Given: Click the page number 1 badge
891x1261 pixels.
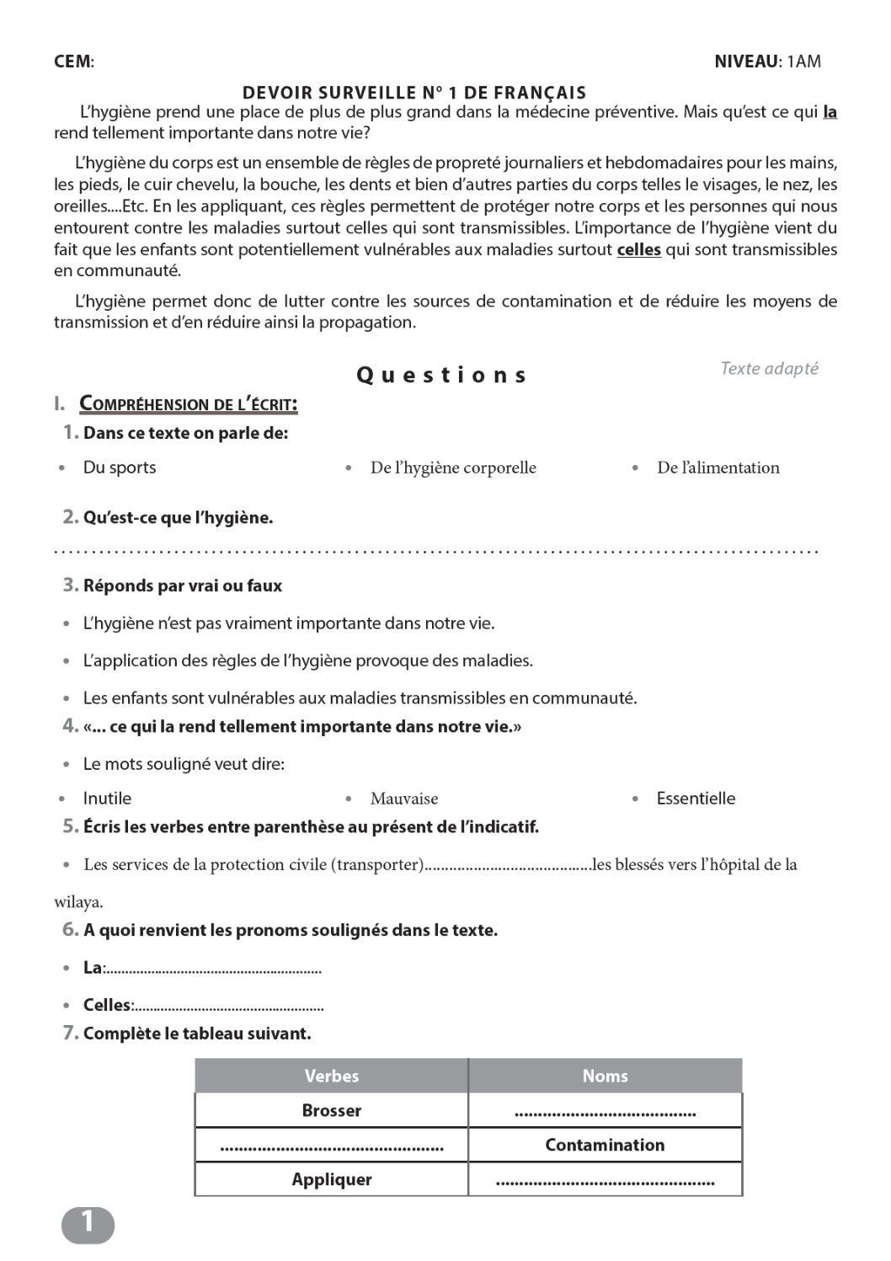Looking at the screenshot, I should pyautogui.click(x=88, y=1224).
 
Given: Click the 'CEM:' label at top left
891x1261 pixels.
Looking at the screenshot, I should pyautogui.click(x=74, y=61).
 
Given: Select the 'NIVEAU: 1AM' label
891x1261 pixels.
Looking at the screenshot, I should pyautogui.click(x=767, y=61).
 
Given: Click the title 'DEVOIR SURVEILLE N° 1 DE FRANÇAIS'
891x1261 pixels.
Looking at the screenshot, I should pyautogui.click(x=414, y=93).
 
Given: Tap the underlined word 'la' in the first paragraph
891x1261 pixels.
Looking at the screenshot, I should pyautogui.click(x=830, y=112).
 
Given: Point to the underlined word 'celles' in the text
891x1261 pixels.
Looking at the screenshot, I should pyautogui.click(x=639, y=249).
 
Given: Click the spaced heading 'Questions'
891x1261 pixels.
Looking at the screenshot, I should pyautogui.click(x=442, y=375).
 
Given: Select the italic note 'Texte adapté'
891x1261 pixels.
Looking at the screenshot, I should pyautogui.click(x=769, y=368).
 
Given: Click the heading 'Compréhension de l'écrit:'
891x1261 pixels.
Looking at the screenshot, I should pyautogui.click(x=189, y=404).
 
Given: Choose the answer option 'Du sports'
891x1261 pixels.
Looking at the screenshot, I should pyautogui.click(x=120, y=468).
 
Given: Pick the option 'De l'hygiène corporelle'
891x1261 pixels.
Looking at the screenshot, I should pyautogui.click(x=453, y=468).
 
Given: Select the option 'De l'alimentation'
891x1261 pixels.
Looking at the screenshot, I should pyautogui.click(x=718, y=468).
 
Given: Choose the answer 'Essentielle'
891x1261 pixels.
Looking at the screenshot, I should pyautogui.click(x=696, y=799).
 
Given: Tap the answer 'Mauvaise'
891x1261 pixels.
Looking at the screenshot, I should pyautogui.click(x=404, y=799).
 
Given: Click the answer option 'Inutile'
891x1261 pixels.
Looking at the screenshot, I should pyautogui.click(x=107, y=799).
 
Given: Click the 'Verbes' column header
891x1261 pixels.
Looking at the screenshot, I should pyautogui.click(x=332, y=1076).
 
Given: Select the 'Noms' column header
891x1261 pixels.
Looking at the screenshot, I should pyautogui.click(x=605, y=1076).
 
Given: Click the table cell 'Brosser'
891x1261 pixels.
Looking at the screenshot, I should pyautogui.click(x=332, y=1110).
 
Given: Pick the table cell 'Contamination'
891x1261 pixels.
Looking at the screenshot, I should pyautogui.click(x=605, y=1145).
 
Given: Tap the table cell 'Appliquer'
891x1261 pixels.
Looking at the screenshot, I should pyautogui.click(x=332, y=1179).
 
